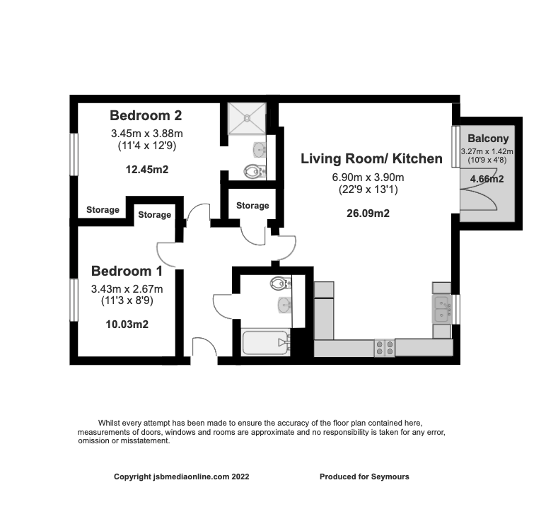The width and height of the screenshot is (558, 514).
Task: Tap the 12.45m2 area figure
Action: point(147,169)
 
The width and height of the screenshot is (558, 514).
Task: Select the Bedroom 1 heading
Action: point(127,271)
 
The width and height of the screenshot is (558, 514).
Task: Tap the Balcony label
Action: point(486,138)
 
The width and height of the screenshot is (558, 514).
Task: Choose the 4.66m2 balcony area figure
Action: point(486,180)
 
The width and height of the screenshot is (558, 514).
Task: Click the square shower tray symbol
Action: point(247,118)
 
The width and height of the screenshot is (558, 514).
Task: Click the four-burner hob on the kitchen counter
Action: point(384,347)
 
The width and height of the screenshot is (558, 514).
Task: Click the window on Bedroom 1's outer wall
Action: point(74,301)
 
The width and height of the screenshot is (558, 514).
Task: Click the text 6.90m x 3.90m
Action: point(371,177)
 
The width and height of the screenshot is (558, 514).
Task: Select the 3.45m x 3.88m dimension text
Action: point(147,134)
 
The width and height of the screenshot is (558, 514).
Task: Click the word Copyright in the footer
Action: point(133,477)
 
